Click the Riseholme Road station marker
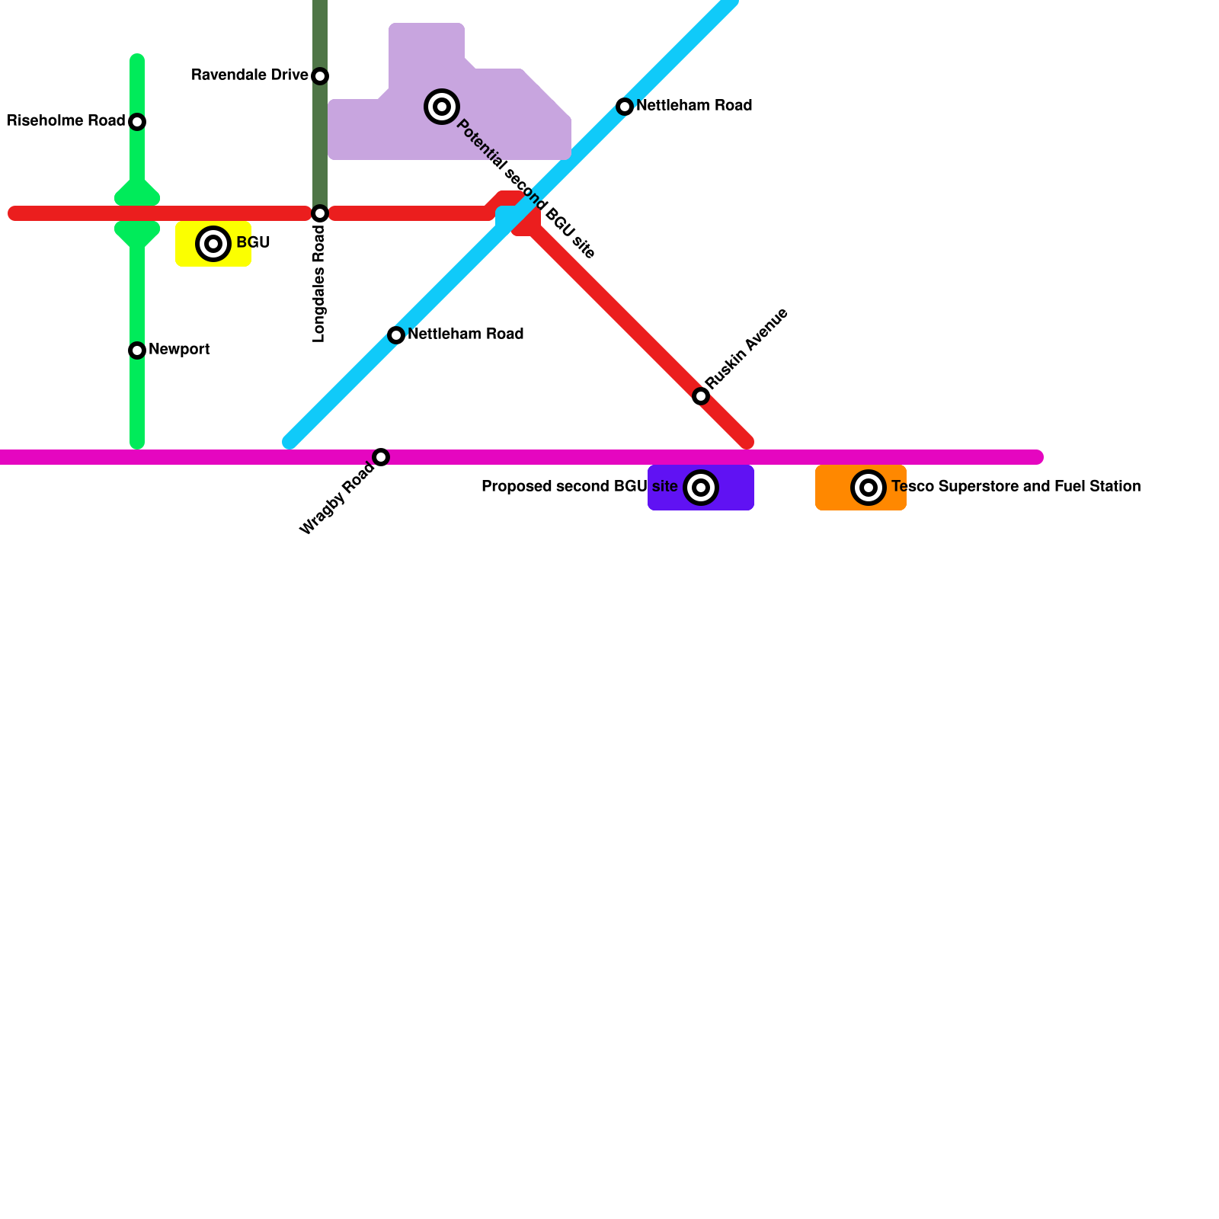coord(137,122)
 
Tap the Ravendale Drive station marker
coord(320,76)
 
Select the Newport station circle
coord(137,350)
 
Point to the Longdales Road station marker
coord(320,213)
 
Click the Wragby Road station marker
coord(381,457)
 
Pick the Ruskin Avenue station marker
coord(701,396)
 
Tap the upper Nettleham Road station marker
coord(625,107)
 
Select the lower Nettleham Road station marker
coord(396,335)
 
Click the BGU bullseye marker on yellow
coord(213,244)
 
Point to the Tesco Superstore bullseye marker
coord(868,488)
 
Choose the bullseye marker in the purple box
coord(701,488)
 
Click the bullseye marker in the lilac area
coord(442,107)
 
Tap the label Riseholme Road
coord(66,121)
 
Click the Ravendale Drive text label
coord(249,75)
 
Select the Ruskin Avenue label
coord(746,348)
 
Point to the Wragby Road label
coord(337,498)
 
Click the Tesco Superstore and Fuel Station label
coord(1016,487)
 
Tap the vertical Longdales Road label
coord(319,284)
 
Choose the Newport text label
coord(179,350)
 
